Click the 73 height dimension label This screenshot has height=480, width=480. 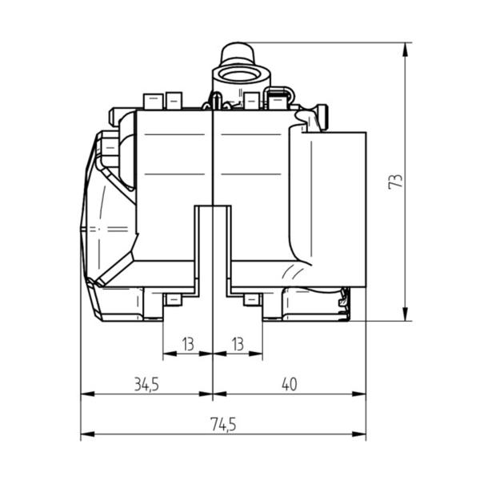coord(395,182)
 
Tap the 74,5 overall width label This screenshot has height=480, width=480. coord(223,425)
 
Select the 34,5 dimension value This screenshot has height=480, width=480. coord(146,385)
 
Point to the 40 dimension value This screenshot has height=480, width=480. coord(290,385)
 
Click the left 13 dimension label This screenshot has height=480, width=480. coord(188,344)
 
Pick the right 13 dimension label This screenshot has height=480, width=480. coord(238,344)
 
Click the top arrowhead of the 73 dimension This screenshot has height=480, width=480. coord(405,50)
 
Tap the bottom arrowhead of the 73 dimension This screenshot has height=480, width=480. coord(405,314)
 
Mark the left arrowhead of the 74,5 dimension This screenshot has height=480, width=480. coord(87,434)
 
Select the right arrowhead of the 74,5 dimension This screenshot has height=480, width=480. coord(358,434)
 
